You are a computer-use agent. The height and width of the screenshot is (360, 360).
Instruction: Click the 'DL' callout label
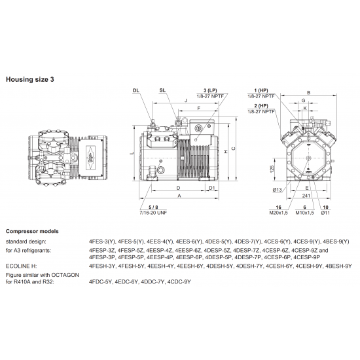coord(135,90)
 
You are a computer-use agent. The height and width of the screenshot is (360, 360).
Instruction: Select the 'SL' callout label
coord(162,90)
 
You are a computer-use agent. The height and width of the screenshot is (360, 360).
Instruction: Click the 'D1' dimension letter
coord(211,188)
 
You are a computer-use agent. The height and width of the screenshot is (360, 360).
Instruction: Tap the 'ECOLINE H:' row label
coord(22,266)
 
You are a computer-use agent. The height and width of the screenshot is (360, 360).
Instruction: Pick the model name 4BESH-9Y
coord(338,266)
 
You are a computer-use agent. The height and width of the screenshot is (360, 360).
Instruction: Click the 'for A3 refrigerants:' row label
coord(30,249)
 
